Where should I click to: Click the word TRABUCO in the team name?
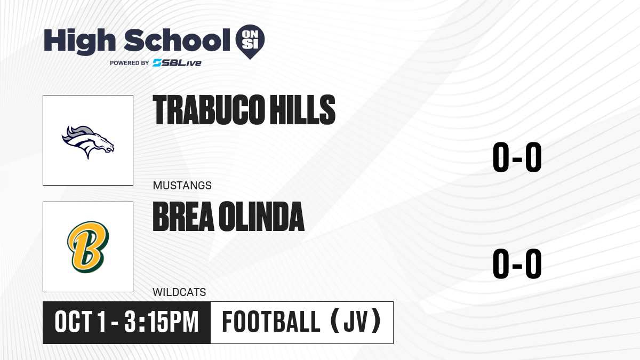(209, 110)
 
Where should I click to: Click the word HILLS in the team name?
(302, 110)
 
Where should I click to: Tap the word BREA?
(183, 217)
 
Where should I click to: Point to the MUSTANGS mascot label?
(182, 186)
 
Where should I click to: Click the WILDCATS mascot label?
(179, 292)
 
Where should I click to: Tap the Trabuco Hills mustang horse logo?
(88, 142)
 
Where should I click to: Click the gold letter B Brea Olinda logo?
(88, 247)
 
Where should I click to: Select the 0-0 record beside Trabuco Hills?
(517, 157)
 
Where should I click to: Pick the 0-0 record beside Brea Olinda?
(517, 263)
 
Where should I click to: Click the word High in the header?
(80, 42)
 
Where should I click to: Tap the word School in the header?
(177, 40)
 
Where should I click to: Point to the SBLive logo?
(177, 63)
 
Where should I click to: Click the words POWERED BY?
(130, 63)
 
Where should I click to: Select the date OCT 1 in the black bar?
(81, 322)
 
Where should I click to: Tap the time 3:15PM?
(162, 322)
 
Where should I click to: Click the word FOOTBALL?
(271, 322)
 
